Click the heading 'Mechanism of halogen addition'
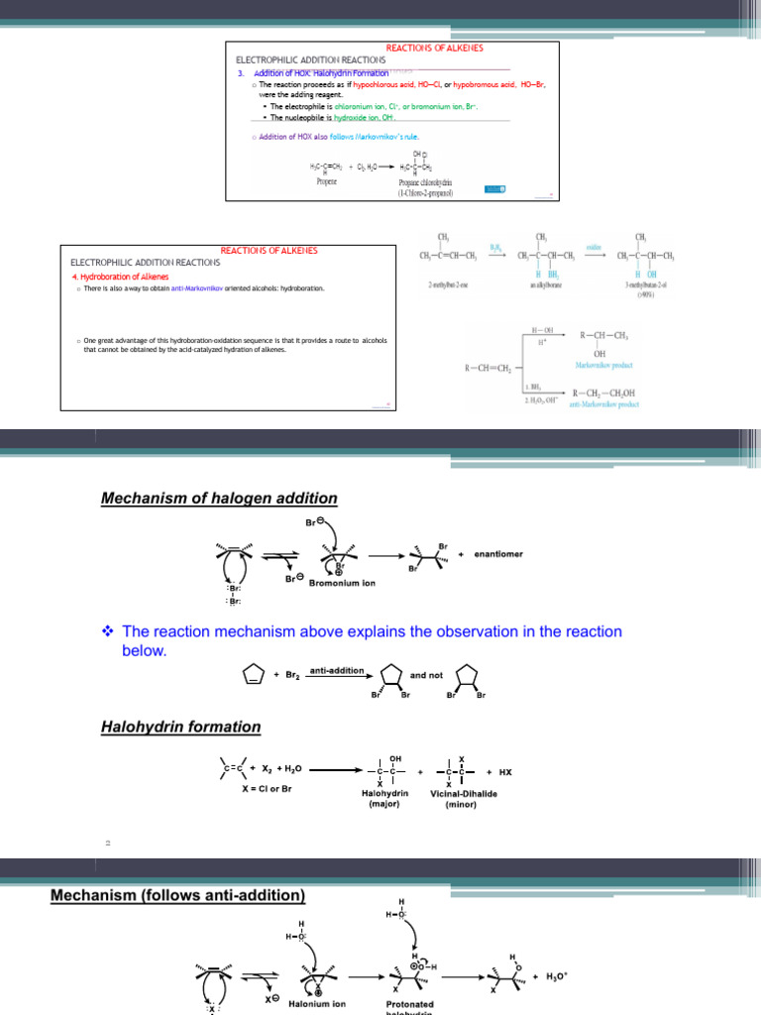[219, 499]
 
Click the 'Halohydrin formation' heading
[181, 728]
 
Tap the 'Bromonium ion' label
[343, 583]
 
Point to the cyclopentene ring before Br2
[253, 675]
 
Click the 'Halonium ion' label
[317, 1002]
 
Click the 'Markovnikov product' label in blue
[605, 365]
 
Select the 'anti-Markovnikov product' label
[605, 404]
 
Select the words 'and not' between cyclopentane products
[426, 675]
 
